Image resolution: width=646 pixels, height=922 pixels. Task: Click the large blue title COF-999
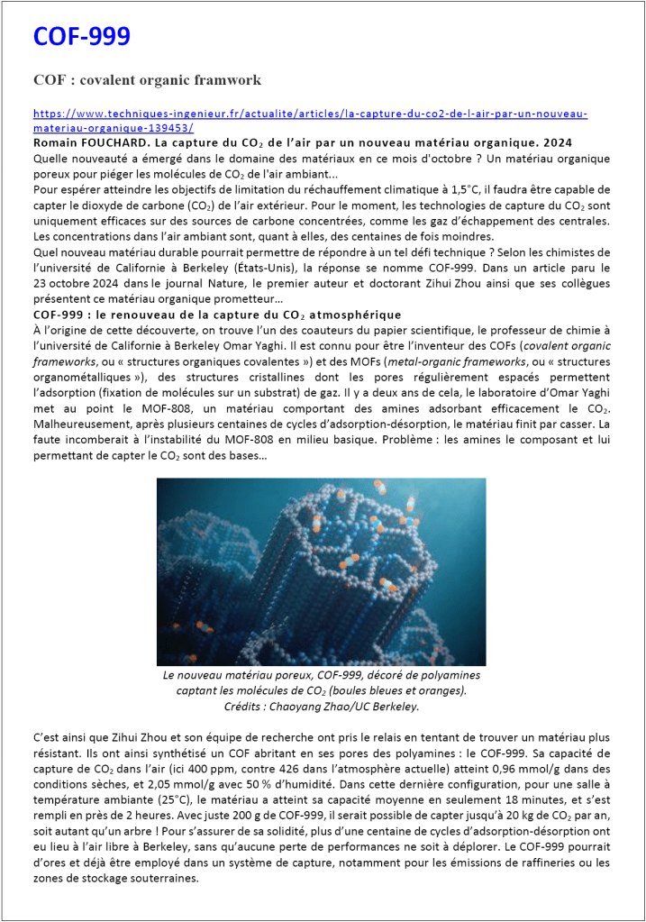(82, 37)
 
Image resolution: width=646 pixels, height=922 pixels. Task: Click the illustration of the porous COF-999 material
(321, 571)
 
